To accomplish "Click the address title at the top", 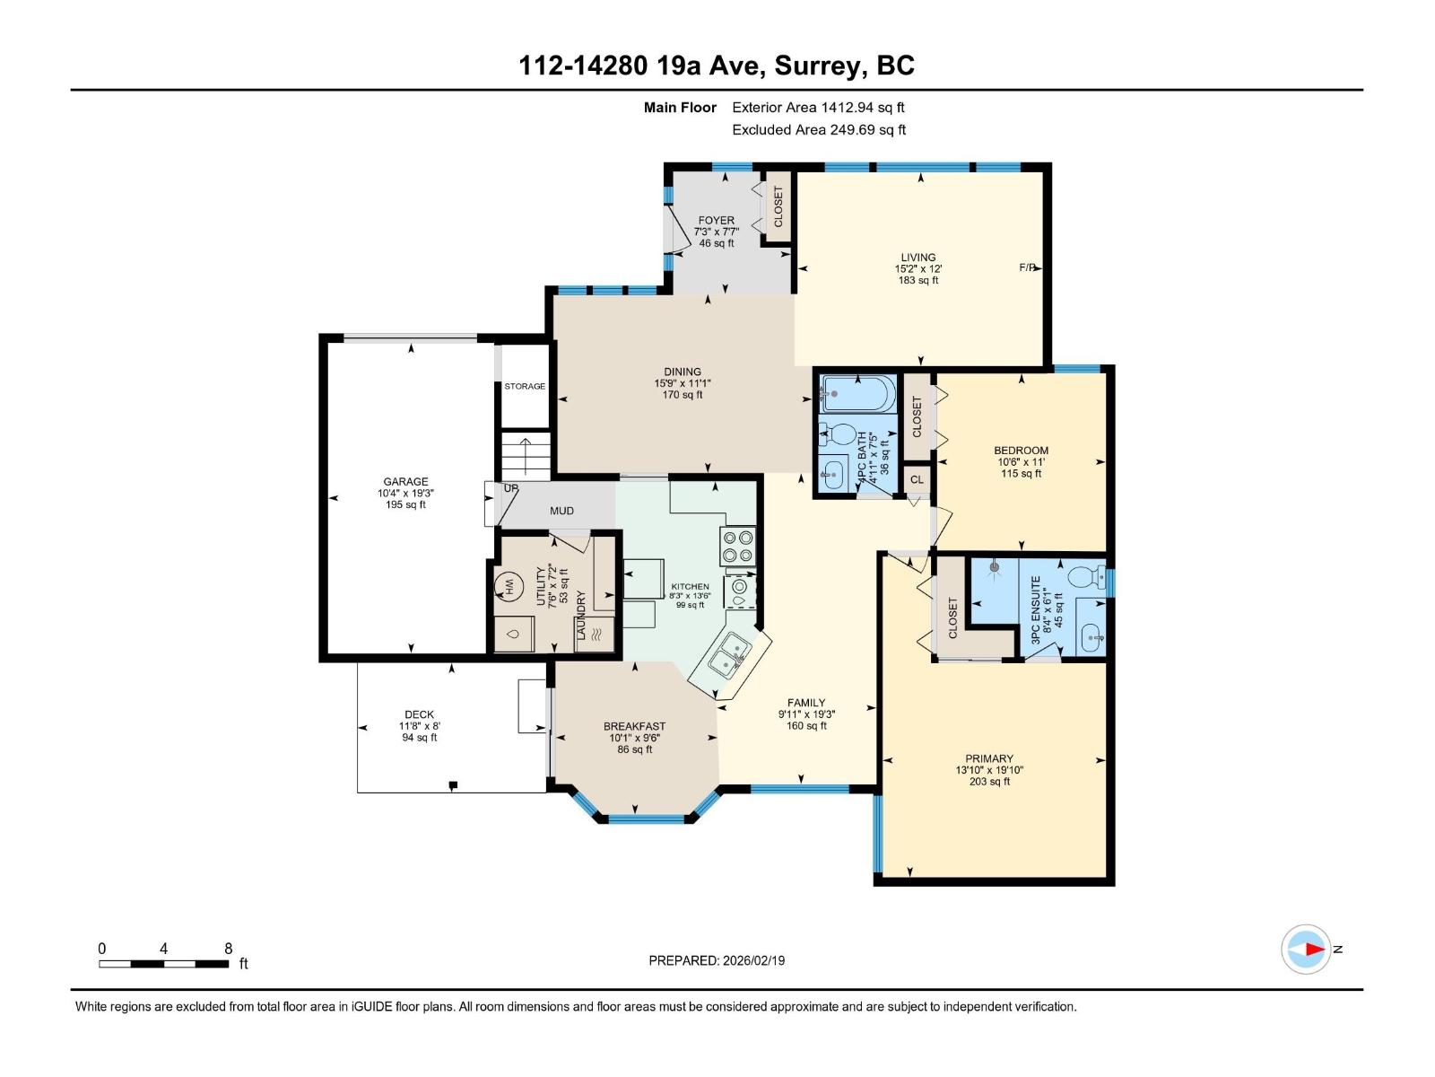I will (717, 66).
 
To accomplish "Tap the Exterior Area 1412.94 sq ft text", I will (818, 108).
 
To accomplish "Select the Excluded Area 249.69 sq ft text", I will (818, 130).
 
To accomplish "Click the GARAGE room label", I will (405, 482).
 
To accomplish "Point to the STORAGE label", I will (525, 386).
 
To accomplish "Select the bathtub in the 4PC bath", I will (858, 394).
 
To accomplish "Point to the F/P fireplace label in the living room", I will (1028, 267).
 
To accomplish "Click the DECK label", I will (419, 714).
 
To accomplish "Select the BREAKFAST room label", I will (634, 726).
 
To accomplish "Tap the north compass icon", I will (1306, 949).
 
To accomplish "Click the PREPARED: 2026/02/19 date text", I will (717, 960).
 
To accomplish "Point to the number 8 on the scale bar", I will (229, 949).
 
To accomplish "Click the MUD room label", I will (561, 511).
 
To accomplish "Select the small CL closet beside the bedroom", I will (917, 480).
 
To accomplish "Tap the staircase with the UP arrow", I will (525, 456).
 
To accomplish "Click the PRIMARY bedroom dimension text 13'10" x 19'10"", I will (989, 770).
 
